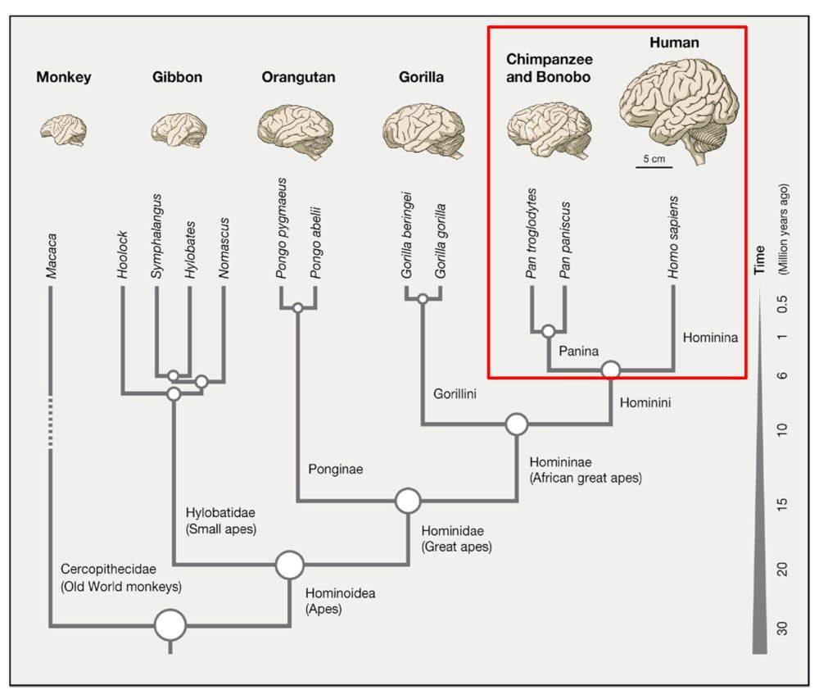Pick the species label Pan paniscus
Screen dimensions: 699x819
(565, 238)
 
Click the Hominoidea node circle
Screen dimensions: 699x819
(289, 565)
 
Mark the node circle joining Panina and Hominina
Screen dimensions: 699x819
(610, 370)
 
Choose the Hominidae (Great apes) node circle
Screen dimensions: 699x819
(408, 500)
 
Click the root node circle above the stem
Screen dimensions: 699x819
(170, 625)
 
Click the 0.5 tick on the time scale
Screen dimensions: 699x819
(780, 306)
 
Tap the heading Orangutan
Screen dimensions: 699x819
(298, 78)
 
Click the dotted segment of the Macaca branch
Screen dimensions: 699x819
(51, 422)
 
